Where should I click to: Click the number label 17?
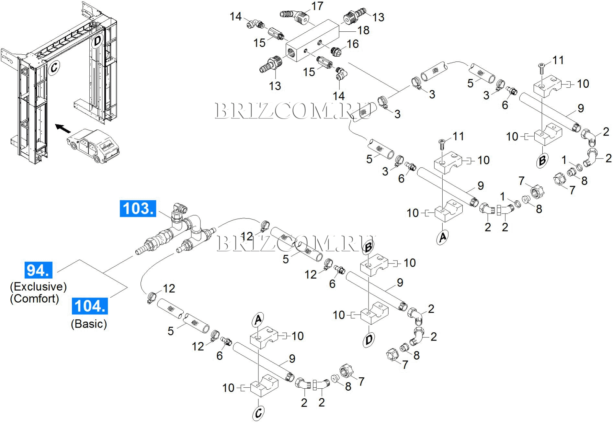(317, 6)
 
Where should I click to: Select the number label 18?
(363, 30)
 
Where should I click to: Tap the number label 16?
(352, 44)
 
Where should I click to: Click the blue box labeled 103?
(138, 208)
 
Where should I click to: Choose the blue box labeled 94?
(38, 270)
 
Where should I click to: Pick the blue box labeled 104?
(90, 306)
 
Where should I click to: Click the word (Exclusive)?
(38, 286)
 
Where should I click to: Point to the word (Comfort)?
(34, 298)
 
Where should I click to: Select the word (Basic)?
(89, 324)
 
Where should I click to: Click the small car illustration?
(93, 146)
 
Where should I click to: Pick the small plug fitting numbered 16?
(336, 51)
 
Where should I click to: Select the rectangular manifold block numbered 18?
(312, 40)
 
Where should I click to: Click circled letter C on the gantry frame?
(54, 68)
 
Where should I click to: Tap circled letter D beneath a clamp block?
(369, 340)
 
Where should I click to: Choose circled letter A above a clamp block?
(258, 320)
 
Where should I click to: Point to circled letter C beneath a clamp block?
(258, 413)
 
